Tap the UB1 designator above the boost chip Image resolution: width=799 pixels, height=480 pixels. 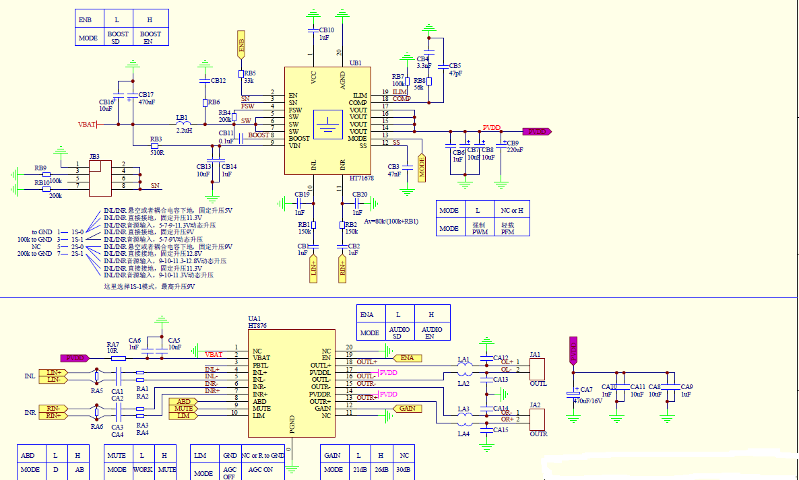coord(356,63)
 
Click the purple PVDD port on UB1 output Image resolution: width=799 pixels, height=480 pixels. coord(537,132)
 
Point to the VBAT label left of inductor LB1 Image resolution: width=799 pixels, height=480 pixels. coord(87,125)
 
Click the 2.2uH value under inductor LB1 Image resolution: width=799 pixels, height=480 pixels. coord(184,130)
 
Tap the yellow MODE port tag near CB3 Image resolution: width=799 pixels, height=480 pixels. coord(422,167)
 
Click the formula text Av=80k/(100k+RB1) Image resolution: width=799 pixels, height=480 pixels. coord(391,221)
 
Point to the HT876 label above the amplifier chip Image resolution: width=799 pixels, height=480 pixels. coord(257,326)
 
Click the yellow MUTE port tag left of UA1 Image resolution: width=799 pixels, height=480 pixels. coord(183,409)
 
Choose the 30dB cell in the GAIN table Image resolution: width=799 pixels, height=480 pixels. coord(404,470)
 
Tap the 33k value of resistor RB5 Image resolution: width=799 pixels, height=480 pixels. coord(249,81)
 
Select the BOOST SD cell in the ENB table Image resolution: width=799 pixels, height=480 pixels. coord(118,38)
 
